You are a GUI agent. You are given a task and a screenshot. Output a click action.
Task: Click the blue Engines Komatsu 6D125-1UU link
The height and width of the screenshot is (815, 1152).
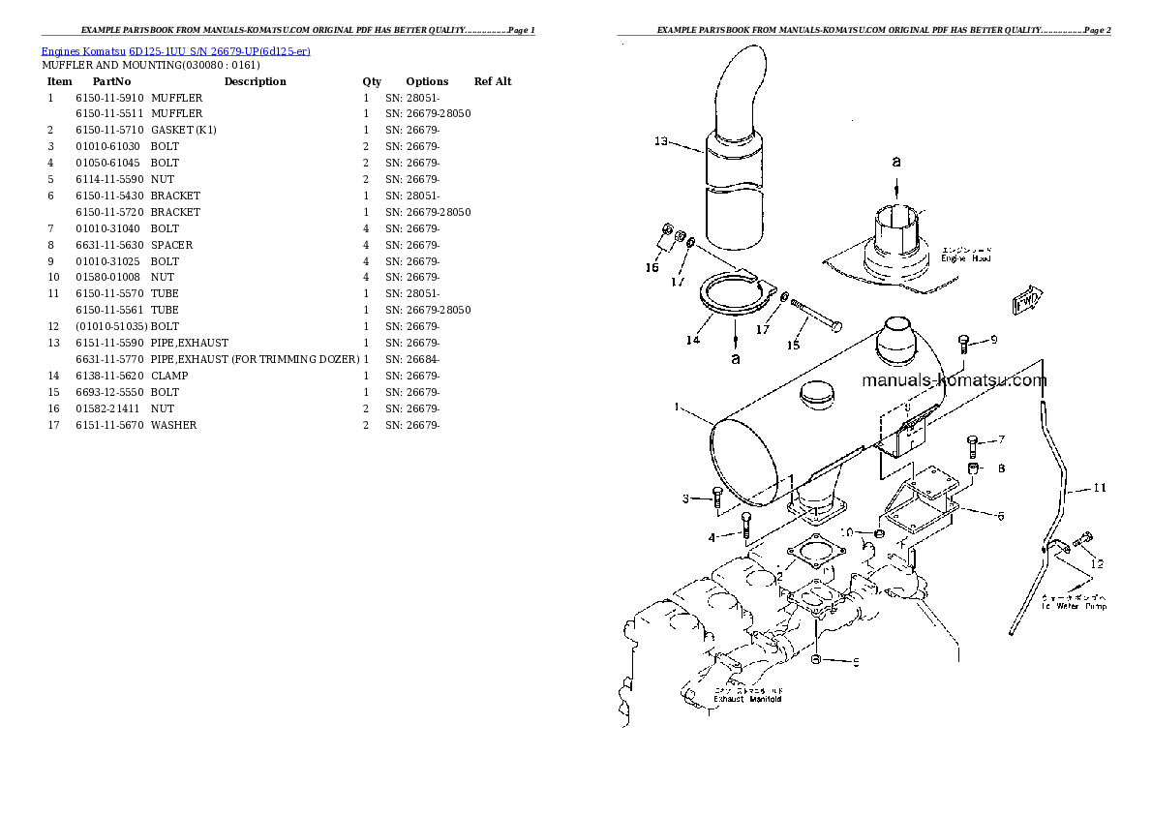tap(175, 50)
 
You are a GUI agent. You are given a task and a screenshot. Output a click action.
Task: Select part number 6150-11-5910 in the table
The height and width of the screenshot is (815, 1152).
tap(109, 98)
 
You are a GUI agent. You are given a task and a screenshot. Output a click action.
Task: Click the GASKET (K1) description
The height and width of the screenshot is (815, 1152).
tap(183, 130)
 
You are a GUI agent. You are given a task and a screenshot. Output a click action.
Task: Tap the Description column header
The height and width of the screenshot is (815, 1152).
tap(255, 81)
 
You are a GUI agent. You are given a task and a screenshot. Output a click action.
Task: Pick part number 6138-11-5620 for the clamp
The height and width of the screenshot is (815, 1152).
tap(109, 376)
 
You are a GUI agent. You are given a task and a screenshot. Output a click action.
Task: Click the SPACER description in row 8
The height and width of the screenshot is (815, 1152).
tap(171, 245)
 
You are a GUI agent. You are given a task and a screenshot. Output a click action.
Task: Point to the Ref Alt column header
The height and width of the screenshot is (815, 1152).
tap(493, 81)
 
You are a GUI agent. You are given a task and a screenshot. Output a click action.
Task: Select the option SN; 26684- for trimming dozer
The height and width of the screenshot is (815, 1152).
tap(412, 359)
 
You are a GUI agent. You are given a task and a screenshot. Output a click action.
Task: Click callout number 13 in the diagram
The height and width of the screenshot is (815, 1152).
tap(661, 141)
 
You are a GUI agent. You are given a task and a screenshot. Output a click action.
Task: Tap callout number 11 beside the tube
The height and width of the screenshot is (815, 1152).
tap(1099, 488)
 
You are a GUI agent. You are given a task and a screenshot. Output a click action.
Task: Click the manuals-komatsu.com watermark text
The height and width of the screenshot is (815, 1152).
tap(954, 380)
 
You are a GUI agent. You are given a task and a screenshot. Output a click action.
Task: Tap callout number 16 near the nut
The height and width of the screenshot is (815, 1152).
tap(652, 267)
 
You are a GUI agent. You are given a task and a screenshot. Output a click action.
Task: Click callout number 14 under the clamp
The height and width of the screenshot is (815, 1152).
tap(692, 340)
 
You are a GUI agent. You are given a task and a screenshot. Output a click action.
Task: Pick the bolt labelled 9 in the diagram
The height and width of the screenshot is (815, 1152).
tap(964, 341)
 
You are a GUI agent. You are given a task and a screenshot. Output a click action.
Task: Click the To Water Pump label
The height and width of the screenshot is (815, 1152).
tap(1074, 605)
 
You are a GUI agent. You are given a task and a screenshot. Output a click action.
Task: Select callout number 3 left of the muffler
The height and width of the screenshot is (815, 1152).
tap(684, 498)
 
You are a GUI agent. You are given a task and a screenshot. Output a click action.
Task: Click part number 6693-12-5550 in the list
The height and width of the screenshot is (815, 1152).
tap(109, 392)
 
